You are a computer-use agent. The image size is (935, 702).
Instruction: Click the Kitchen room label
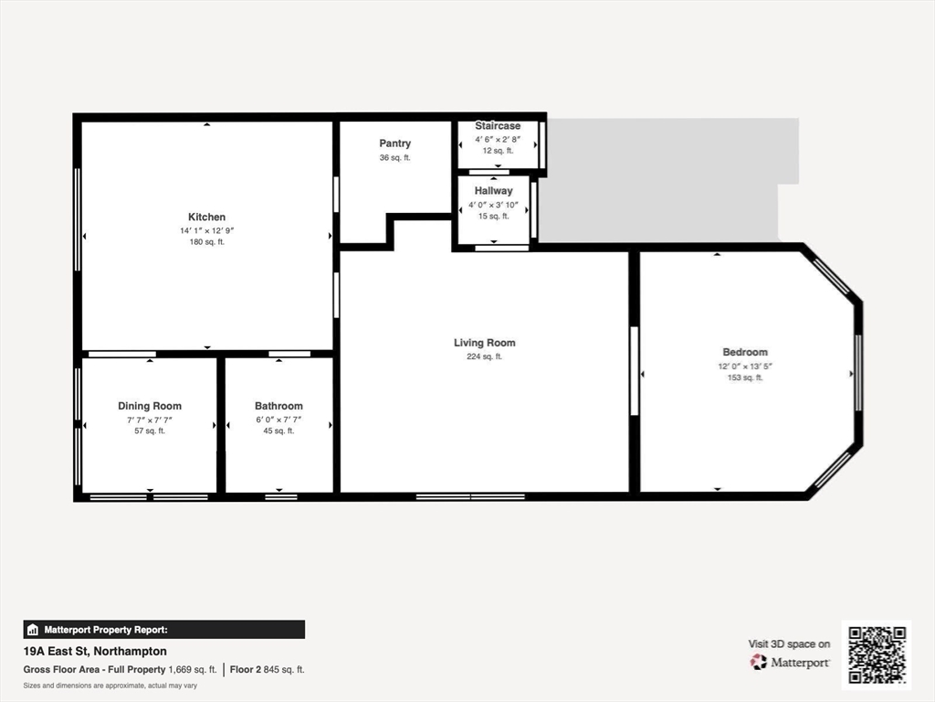(207, 218)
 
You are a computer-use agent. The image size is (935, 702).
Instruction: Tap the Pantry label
(394, 144)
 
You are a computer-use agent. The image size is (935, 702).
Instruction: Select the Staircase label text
(498, 126)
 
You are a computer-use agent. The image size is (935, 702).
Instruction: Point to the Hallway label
(494, 191)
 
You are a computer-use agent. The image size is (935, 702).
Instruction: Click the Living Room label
(484, 343)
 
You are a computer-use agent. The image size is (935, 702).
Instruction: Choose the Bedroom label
(745, 352)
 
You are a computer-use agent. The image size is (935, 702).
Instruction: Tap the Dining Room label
(150, 406)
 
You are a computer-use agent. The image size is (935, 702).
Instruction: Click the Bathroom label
(278, 406)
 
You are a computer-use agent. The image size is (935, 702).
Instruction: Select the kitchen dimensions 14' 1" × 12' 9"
(207, 230)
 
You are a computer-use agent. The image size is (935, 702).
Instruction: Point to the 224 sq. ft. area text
(484, 356)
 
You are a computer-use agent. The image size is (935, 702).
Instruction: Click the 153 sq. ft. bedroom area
(745, 378)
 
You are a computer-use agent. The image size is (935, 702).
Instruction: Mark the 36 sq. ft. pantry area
(394, 157)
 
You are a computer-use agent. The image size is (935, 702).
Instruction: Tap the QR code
(877, 654)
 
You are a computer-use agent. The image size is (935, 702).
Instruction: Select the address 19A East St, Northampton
(95, 651)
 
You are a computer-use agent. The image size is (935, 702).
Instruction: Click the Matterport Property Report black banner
(164, 630)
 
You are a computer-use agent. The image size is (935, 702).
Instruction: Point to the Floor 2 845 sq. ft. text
(268, 670)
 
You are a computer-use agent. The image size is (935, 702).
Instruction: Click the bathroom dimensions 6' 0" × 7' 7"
(278, 420)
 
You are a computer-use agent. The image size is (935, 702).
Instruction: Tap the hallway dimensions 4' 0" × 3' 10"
(494, 205)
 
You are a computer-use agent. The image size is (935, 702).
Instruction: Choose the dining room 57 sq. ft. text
(150, 431)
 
